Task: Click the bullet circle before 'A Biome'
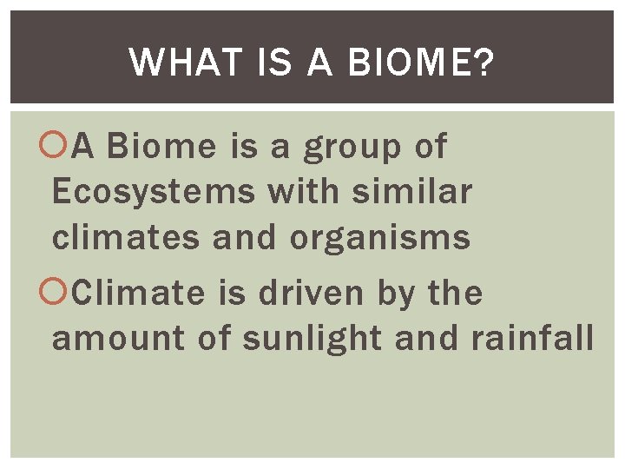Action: (x=61, y=147)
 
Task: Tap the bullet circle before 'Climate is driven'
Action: (x=61, y=294)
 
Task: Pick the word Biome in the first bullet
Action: (x=161, y=147)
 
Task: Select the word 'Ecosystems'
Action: (x=154, y=193)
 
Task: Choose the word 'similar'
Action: (x=411, y=191)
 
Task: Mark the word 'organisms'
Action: (x=379, y=238)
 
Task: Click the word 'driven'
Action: (x=308, y=294)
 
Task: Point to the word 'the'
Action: (x=455, y=294)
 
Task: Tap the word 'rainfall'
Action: (x=531, y=339)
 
